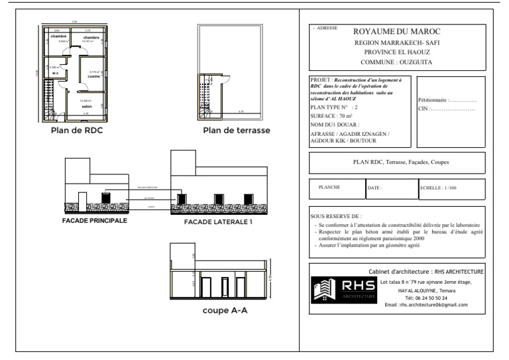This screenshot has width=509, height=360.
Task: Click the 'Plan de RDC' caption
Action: point(76,130)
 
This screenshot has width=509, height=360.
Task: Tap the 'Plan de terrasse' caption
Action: point(237,131)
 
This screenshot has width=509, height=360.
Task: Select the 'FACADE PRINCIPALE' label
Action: point(95,220)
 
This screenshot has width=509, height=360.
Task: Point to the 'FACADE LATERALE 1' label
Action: point(219,222)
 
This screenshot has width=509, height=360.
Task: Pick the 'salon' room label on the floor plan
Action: point(86,105)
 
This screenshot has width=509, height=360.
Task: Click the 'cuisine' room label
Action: point(93,76)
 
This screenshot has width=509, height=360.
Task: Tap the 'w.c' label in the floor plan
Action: point(56,73)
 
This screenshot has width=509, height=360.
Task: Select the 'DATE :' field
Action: point(375,188)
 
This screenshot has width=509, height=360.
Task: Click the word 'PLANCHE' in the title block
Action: point(329,187)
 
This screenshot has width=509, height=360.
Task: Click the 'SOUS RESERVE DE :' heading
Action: point(336,216)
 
